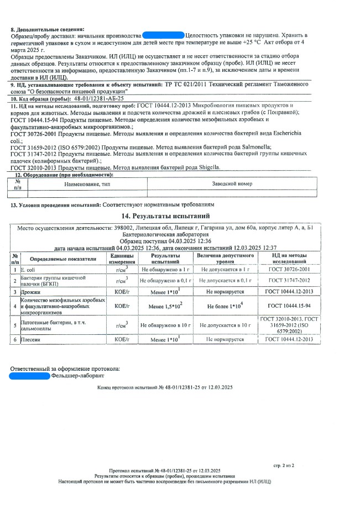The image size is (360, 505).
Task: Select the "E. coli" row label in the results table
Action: click(29, 269)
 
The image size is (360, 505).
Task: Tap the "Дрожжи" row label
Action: click(30, 291)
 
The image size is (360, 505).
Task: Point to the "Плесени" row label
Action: click(31, 339)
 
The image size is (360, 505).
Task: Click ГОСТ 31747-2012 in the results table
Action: click(289, 280)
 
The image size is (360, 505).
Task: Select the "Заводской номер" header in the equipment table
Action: click(232, 183)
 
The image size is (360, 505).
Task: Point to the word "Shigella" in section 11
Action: click(206, 167)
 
